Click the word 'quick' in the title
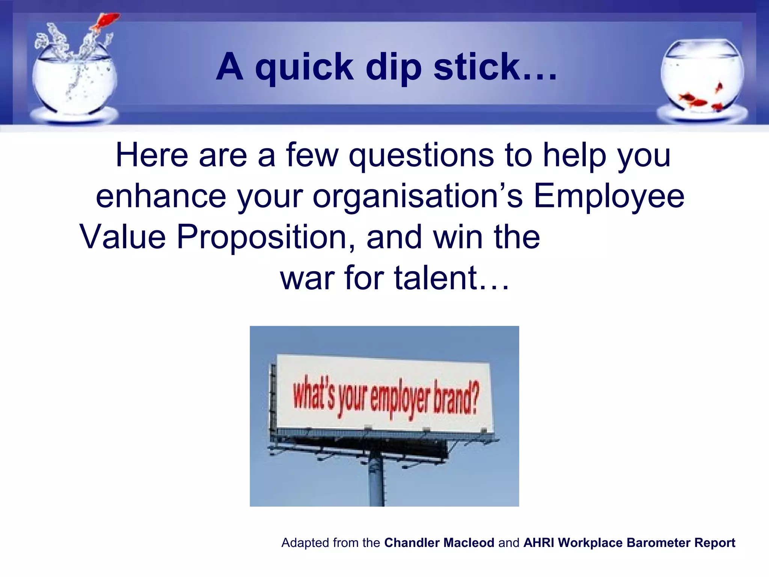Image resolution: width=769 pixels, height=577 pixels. click(304, 68)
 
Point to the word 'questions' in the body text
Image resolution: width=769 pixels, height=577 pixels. click(421, 156)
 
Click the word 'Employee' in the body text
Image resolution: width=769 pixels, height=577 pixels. click(609, 197)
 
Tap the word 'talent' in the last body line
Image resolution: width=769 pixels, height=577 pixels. click(436, 278)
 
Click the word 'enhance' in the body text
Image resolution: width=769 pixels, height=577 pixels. click(161, 197)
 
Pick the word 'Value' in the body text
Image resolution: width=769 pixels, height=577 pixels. click(122, 237)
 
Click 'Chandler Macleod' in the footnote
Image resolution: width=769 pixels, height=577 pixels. click(439, 543)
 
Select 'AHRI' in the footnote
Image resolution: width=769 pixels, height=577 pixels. click(538, 543)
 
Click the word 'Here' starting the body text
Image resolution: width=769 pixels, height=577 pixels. click(152, 156)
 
